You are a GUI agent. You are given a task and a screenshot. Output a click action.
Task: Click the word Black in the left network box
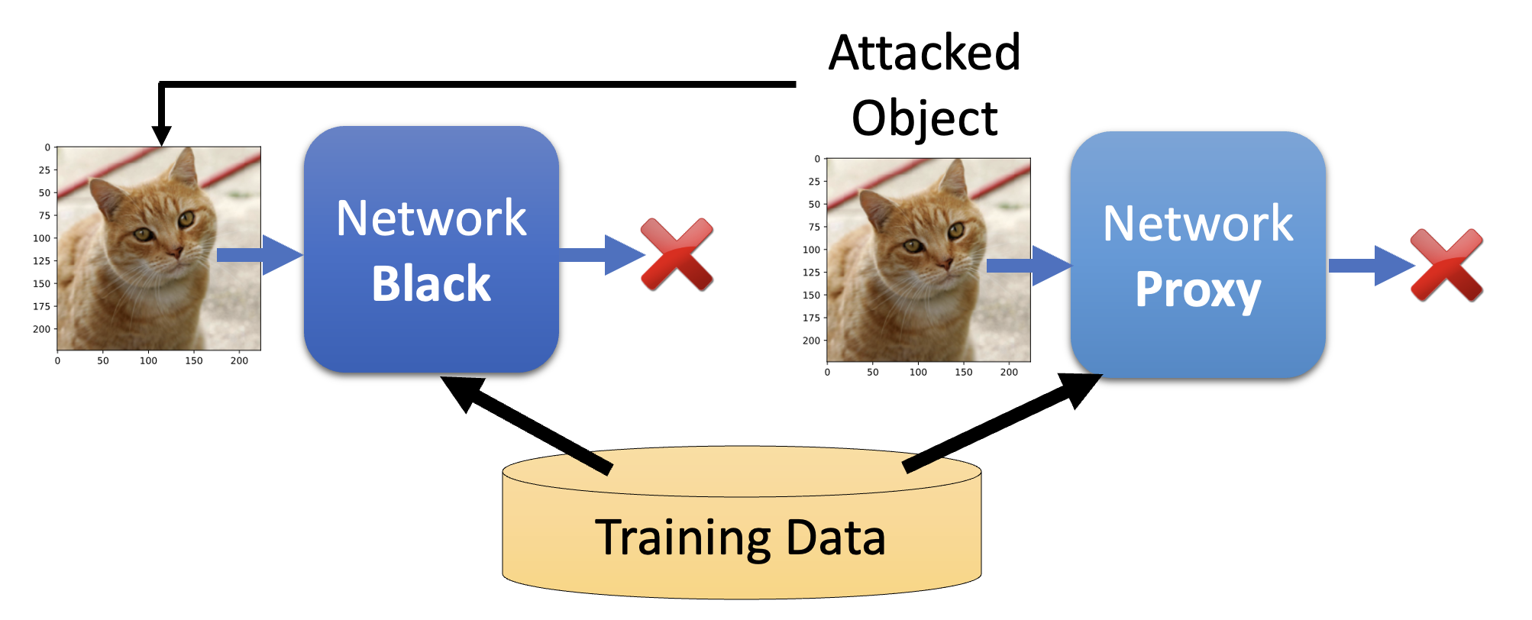pyautogui.click(x=431, y=284)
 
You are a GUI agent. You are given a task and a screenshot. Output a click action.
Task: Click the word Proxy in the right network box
pyautogui.click(x=1197, y=290)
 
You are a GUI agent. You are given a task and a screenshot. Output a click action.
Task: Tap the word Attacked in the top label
pyautogui.click(x=924, y=53)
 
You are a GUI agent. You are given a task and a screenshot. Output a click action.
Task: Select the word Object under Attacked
pyautogui.click(x=924, y=118)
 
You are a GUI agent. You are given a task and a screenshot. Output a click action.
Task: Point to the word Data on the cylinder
pyautogui.click(x=835, y=538)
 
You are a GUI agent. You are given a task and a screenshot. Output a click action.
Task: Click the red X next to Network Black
pyautogui.click(x=677, y=254)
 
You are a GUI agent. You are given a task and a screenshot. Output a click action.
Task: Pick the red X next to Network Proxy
pyautogui.click(x=1446, y=265)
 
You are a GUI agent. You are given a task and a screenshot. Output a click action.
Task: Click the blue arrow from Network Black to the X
pyautogui.click(x=600, y=254)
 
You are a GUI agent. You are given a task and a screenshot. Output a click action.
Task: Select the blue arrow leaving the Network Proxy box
pyautogui.click(x=1370, y=266)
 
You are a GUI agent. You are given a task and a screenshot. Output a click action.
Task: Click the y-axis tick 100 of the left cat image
pyautogui.click(x=41, y=238)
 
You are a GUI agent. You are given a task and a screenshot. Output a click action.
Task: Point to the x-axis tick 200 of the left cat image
pyautogui.click(x=239, y=360)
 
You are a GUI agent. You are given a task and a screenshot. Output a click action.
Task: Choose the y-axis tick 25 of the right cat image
pyautogui.click(x=814, y=182)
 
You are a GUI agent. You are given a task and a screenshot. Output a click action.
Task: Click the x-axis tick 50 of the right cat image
pyautogui.click(x=872, y=372)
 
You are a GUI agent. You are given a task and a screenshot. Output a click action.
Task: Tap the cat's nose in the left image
pyautogui.click(x=176, y=252)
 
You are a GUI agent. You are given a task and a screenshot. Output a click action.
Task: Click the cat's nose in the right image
pyautogui.click(x=945, y=263)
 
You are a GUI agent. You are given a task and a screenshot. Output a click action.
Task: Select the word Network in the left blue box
pyautogui.click(x=431, y=218)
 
